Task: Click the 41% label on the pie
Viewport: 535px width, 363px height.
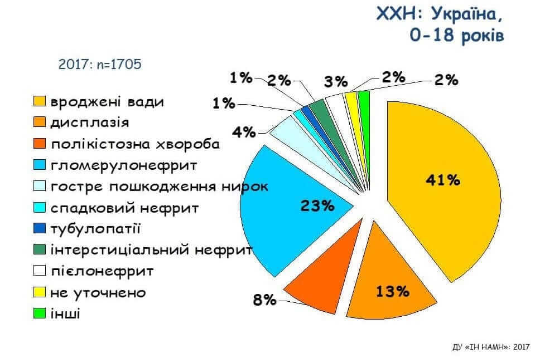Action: coord(442,180)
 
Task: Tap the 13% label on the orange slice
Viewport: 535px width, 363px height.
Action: coord(393,291)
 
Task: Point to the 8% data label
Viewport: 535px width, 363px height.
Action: coord(264,301)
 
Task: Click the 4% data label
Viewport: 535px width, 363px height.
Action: coord(244,133)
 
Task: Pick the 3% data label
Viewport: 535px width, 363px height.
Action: coord(336,82)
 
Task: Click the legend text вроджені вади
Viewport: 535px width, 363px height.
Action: coord(107,102)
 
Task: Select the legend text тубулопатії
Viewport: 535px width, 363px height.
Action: coord(95,229)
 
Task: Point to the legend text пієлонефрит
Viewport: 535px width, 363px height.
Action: coord(102,272)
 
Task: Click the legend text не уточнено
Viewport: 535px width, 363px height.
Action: coord(97,292)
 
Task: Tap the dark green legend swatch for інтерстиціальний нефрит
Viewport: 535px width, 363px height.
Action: coord(39,250)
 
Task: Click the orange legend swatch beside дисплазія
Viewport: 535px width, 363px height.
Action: coord(39,123)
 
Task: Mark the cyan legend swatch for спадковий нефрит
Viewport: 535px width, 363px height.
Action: coord(39,208)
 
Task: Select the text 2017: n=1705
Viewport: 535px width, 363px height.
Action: coord(100,64)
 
